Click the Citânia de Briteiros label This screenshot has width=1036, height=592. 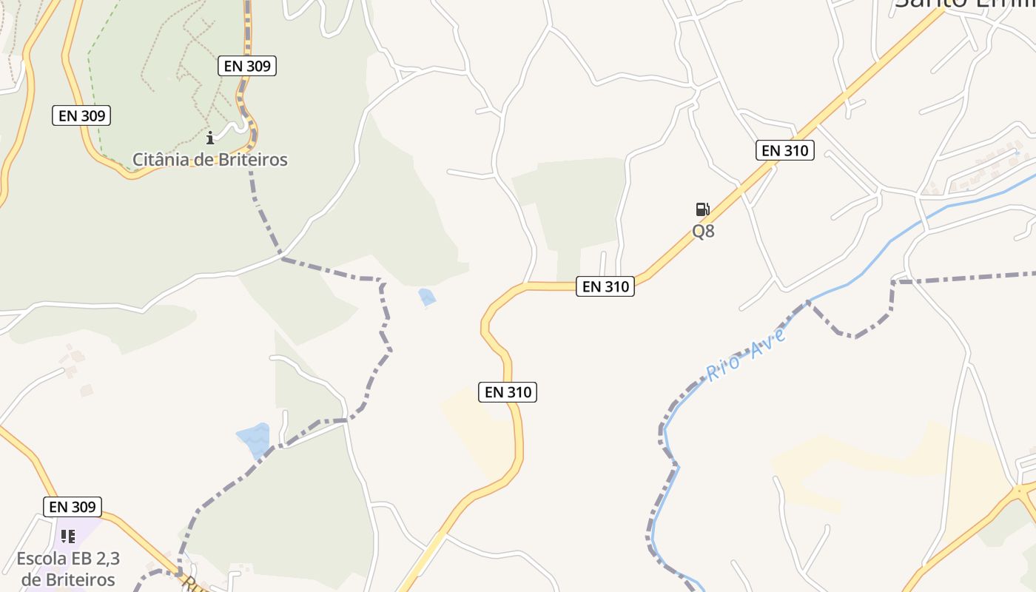(x=209, y=159)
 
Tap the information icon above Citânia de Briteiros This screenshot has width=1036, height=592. (x=210, y=137)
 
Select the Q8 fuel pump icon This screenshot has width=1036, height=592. (x=702, y=209)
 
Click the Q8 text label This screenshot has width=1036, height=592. (x=703, y=231)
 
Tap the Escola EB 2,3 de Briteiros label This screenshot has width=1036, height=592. (x=68, y=568)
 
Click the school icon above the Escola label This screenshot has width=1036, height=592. (x=68, y=536)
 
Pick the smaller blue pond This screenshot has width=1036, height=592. (x=427, y=297)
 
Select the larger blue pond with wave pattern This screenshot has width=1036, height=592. (x=254, y=440)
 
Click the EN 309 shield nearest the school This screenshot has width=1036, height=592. (x=73, y=507)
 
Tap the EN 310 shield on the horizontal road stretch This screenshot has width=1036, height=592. (x=605, y=286)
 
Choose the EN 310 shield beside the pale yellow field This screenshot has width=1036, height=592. (x=508, y=392)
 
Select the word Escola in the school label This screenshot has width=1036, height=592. (x=41, y=558)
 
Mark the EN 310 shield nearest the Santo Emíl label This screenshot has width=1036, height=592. (x=785, y=150)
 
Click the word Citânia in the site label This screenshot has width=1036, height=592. (x=161, y=159)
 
